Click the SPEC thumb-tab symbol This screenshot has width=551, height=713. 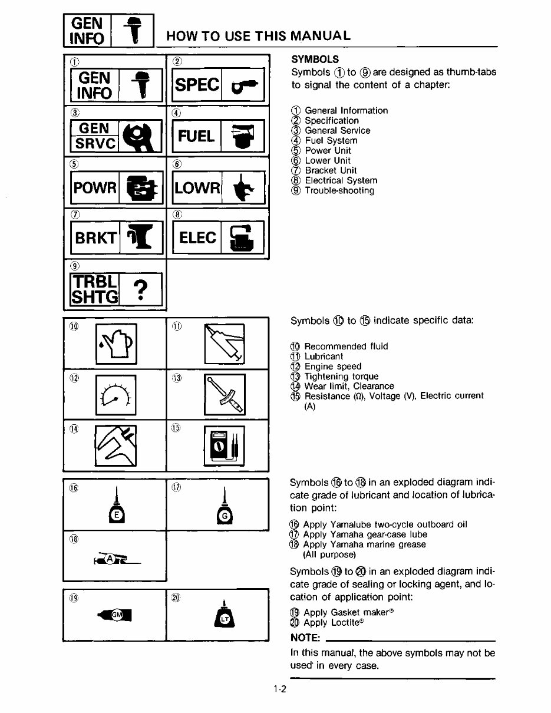(217, 85)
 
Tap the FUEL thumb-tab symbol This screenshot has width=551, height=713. (217, 136)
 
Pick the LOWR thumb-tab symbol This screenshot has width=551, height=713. (217, 187)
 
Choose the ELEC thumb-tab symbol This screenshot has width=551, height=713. (217, 237)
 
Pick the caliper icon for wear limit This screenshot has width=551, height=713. (116, 445)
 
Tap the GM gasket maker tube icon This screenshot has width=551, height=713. (116, 615)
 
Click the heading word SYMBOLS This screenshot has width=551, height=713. (315, 60)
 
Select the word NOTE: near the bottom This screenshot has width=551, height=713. (305, 639)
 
